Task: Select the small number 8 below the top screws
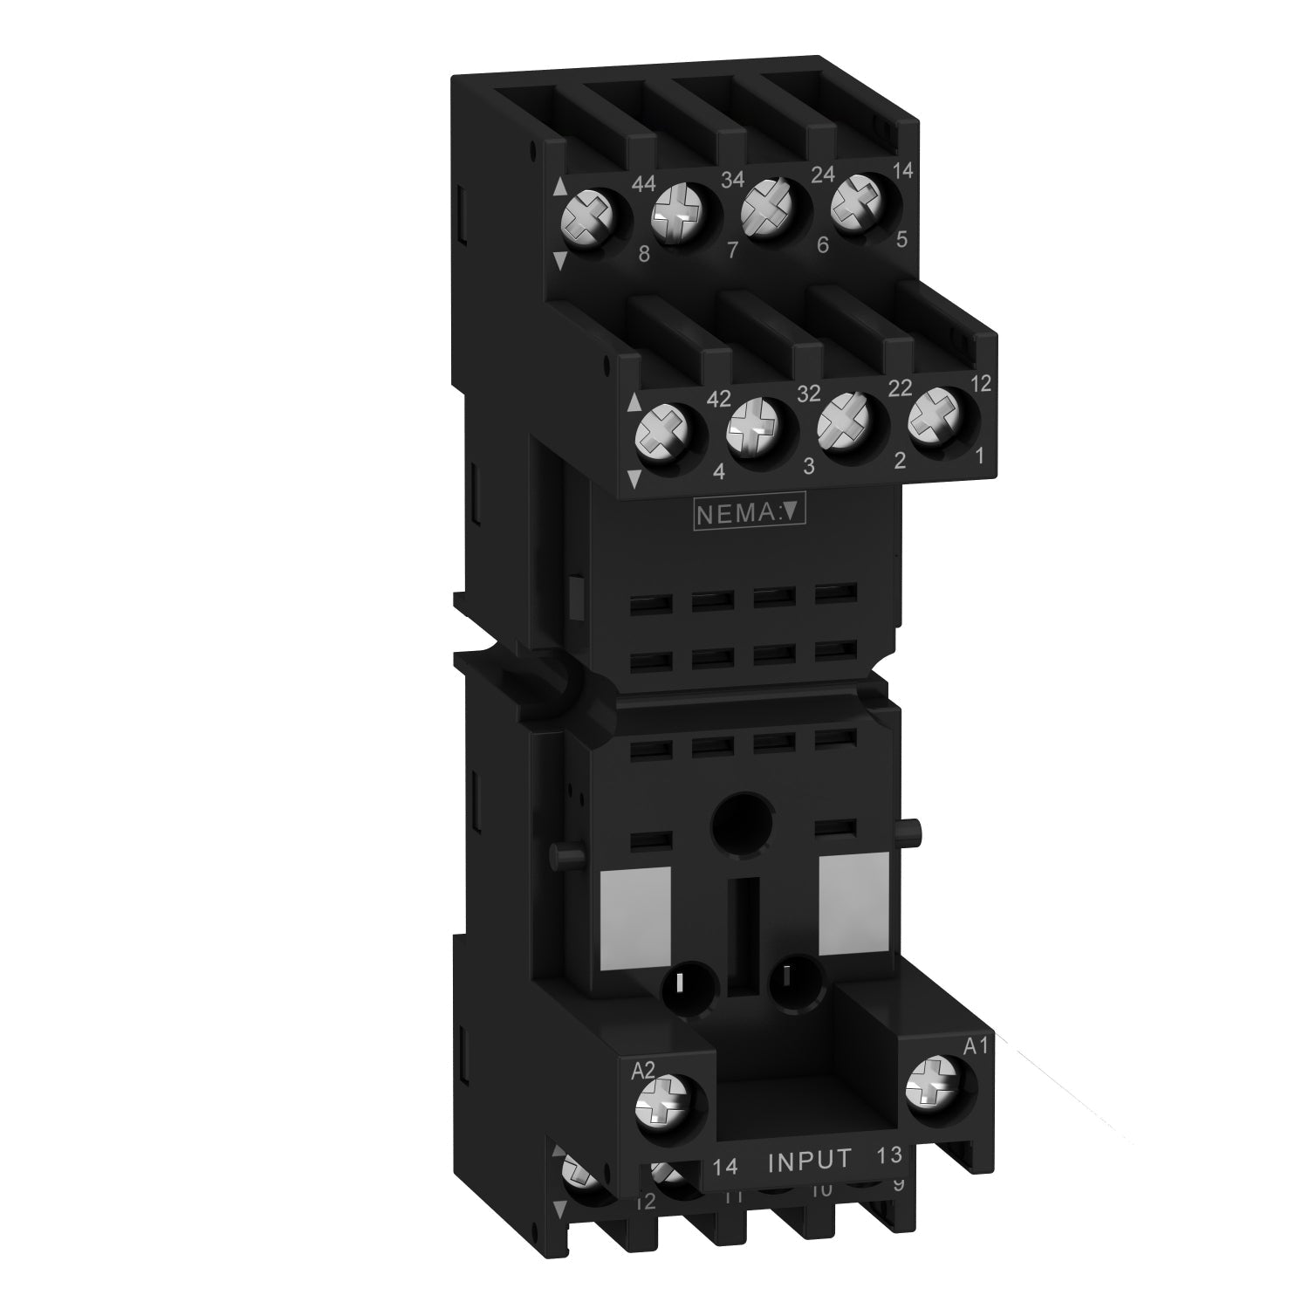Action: click(x=644, y=256)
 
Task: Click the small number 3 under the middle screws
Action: click(x=808, y=467)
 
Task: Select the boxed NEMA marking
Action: click(x=748, y=514)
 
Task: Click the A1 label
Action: click(x=975, y=1045)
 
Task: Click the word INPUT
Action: click(x=808, y=1160)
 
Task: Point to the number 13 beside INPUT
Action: click(x=888, y=1155)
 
